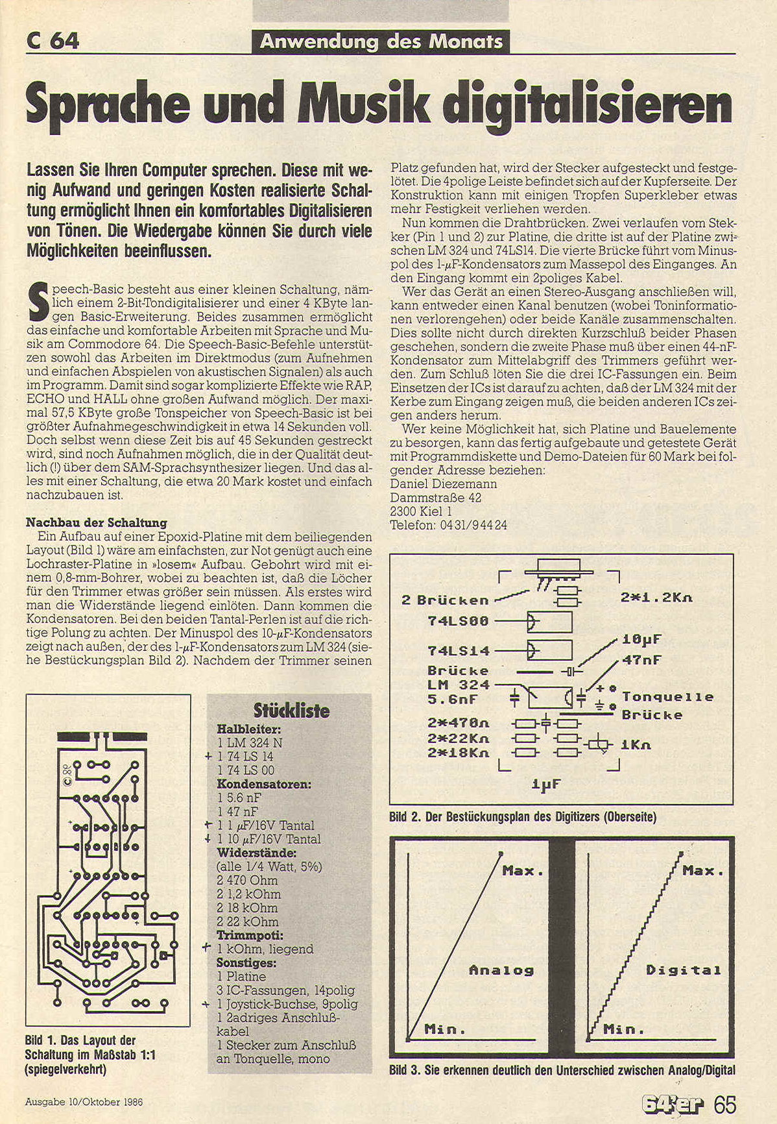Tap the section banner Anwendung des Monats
click(x=381, y=42)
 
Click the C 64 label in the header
click(x=53, y=41)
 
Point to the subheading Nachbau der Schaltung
click(x=96, y=522)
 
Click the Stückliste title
click(x=291, y=710)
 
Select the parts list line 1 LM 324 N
click(x=250, y=742)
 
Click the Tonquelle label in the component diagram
click(x=667, y=697)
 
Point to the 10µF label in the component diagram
click(x=641, y=639)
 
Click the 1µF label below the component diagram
click(x=545, y=785)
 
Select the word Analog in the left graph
click(x=501, y=971)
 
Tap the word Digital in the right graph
click(x=683, y=971)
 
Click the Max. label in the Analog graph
click(x=523, y=871)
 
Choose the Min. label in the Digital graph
click(x=623, y=1030)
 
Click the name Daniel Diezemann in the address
click(x=444, y=483)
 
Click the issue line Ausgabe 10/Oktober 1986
click(x=84, y=1102)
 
